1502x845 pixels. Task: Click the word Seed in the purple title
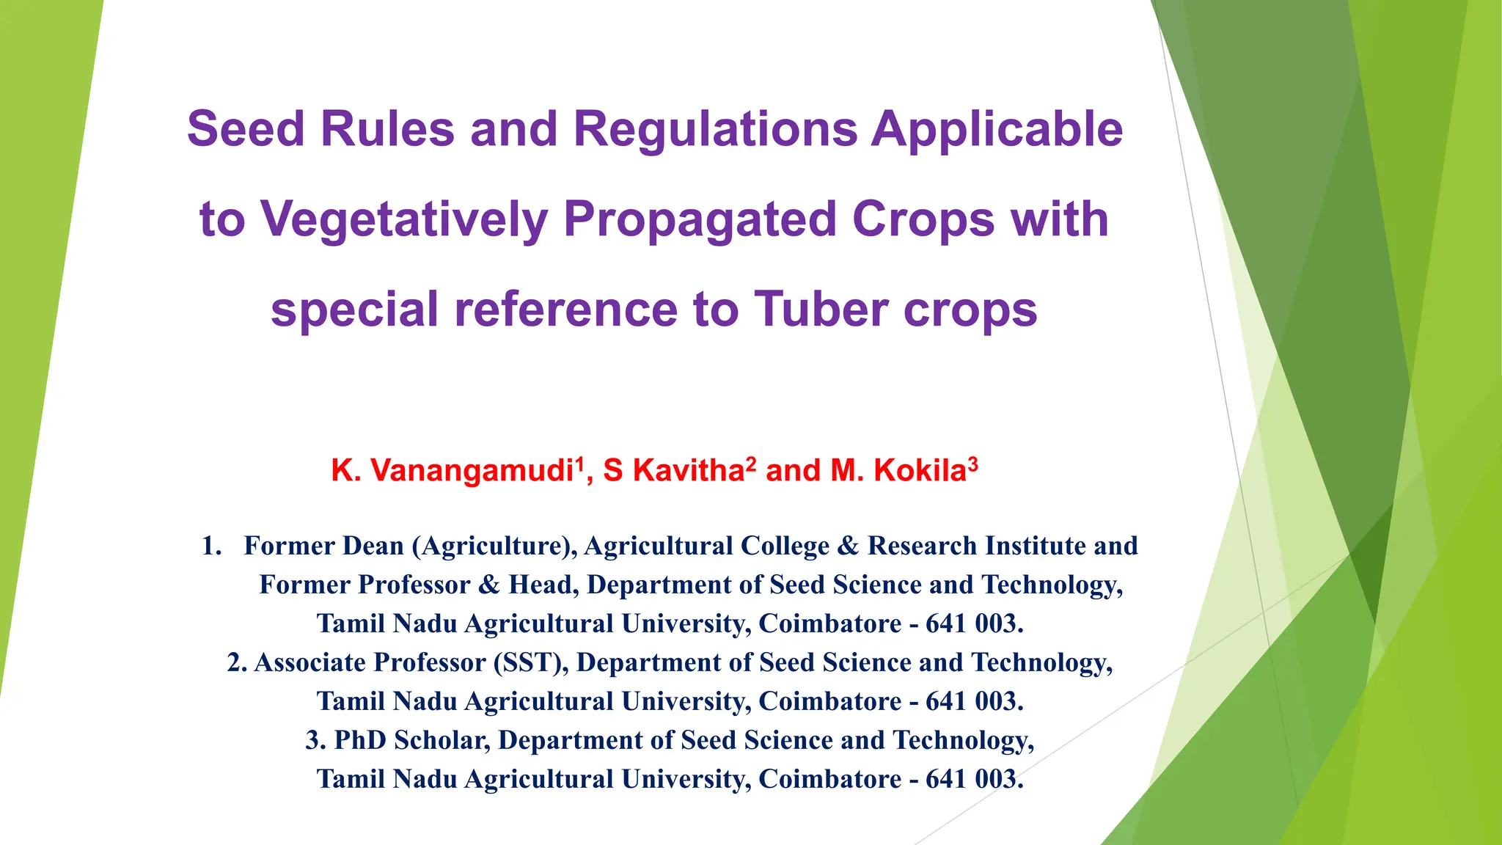245,129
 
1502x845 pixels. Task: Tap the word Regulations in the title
715,129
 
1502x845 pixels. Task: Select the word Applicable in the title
997,129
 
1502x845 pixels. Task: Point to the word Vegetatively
404,219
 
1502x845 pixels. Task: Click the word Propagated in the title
700,219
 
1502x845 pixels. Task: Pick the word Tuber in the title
821,309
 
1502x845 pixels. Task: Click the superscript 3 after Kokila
972,464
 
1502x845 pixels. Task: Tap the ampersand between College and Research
848,546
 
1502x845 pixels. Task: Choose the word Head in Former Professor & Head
541,585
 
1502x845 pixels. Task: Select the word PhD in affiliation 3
360,740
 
